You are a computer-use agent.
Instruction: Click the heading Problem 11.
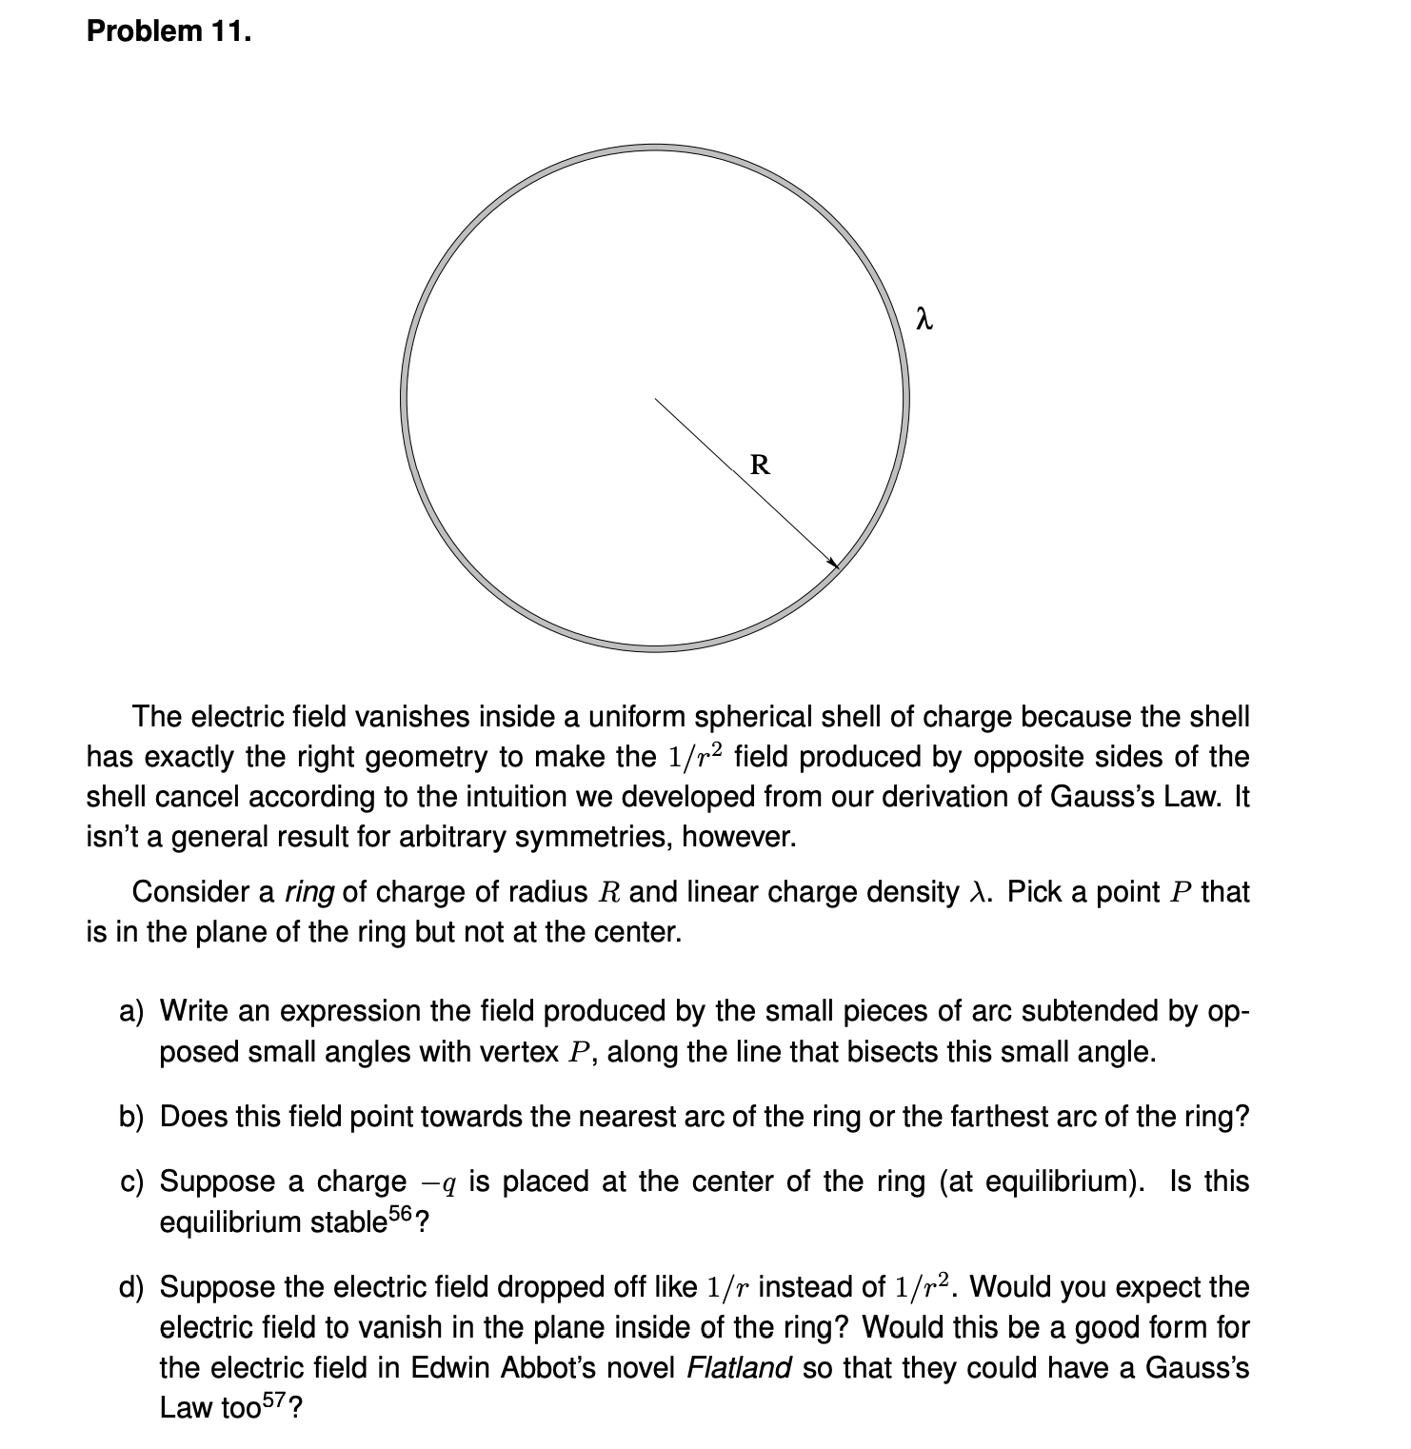(x=169, y=31)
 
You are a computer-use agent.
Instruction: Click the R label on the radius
(x=760, y=466)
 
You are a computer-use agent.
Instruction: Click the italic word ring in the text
(x=309, y=892)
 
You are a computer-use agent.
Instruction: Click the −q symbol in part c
(x=439, y=1182)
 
